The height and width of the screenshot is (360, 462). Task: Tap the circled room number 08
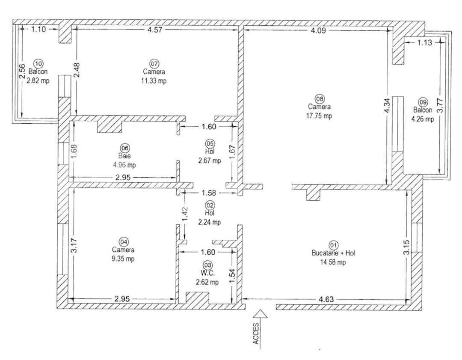click(319, 98)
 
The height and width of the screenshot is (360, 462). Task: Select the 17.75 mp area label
click(319, 116)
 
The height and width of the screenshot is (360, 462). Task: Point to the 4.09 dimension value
click(317, 30)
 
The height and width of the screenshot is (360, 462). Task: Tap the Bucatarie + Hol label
click(333, 253)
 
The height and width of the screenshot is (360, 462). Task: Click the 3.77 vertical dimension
click(443, 105)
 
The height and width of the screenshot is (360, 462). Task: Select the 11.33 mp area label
click(154, 81)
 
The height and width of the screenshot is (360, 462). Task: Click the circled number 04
click(124, 242)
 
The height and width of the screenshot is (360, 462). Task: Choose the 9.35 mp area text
click(124, 259)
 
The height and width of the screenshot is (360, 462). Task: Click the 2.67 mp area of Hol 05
click(210, 161)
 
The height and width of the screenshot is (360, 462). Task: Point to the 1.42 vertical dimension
click(184, 214)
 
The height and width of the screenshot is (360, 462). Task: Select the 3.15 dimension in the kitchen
click(406, 247)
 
